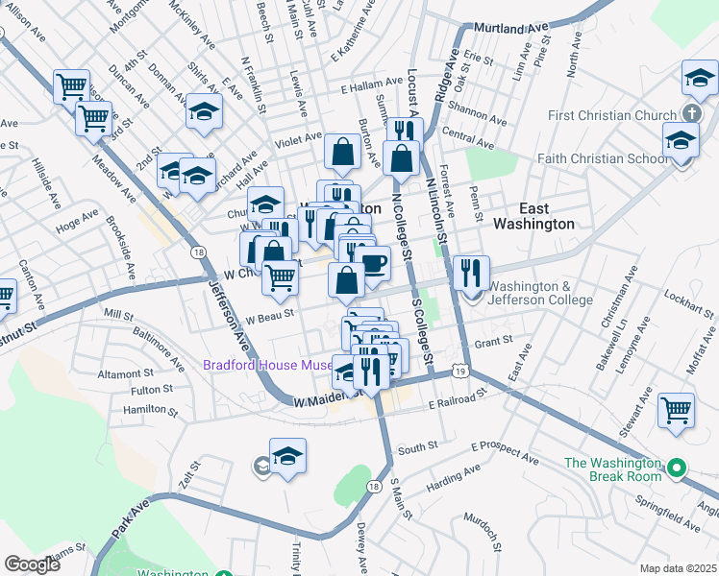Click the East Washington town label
tap(533, 215)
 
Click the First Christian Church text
tap(605, 115)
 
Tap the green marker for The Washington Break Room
tap(677, 469)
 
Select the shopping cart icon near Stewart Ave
tap(677, 410)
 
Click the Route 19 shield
tap(461, 371)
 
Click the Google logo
tap(32, 564)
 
